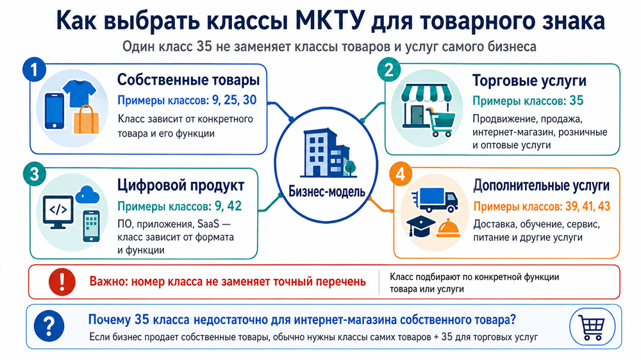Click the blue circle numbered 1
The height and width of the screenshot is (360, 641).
coord(34,69)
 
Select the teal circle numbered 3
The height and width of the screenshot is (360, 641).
coord(35,174)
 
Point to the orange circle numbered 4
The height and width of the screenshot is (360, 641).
coord(400,174)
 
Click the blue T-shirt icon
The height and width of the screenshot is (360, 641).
coord(79,93)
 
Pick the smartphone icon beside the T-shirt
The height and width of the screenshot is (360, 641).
coord(54,111)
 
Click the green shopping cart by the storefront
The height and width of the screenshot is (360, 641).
coord(441,121)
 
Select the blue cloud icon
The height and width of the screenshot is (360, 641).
coord(87,195)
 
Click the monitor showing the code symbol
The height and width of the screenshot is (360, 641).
coord(58,212)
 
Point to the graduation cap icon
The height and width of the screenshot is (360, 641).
coord(421,226)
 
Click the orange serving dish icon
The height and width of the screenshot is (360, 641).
coord(449,228)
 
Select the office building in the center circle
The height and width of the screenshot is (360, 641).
coord(328,153)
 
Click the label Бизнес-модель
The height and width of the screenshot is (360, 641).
coord(327,192)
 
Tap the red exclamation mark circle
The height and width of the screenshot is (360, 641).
coord(62,282)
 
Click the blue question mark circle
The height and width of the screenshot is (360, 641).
coord(49,326)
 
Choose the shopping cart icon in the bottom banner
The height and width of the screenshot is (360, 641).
coord(592,327)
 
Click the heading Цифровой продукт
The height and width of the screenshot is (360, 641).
coord(181,185)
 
